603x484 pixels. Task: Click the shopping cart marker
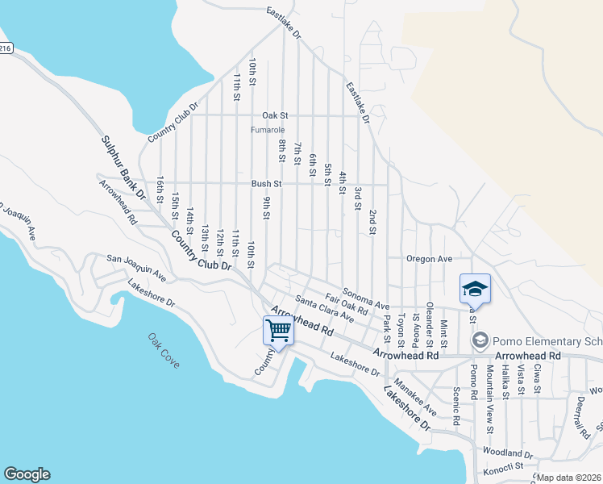coord(278,330)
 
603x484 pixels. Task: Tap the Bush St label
coord(266,184)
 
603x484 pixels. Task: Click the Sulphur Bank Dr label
coord(123,168)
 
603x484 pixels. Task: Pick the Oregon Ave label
coord(429,259)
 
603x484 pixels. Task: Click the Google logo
coord(26,474)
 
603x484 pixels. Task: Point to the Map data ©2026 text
coord(568,478)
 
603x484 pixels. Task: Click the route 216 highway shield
coord(5,48)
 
